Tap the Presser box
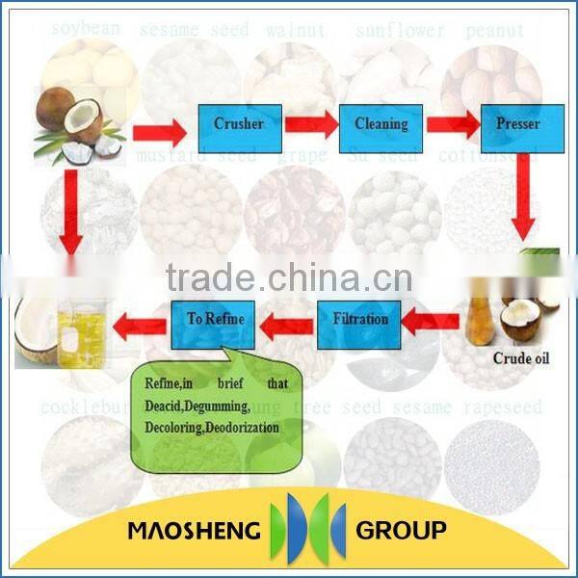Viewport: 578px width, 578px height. pos(517,123)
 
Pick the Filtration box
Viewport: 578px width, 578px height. pos(359,320)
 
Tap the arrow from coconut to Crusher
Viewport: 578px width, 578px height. pos(158,129)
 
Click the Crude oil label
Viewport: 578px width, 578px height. pos(518,358)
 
